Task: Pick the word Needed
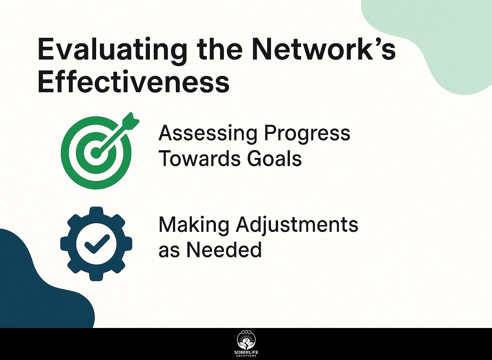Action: pyautogui.click(x=224, y=250)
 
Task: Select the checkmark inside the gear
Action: pyautogui.click(x=97, y=243)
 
